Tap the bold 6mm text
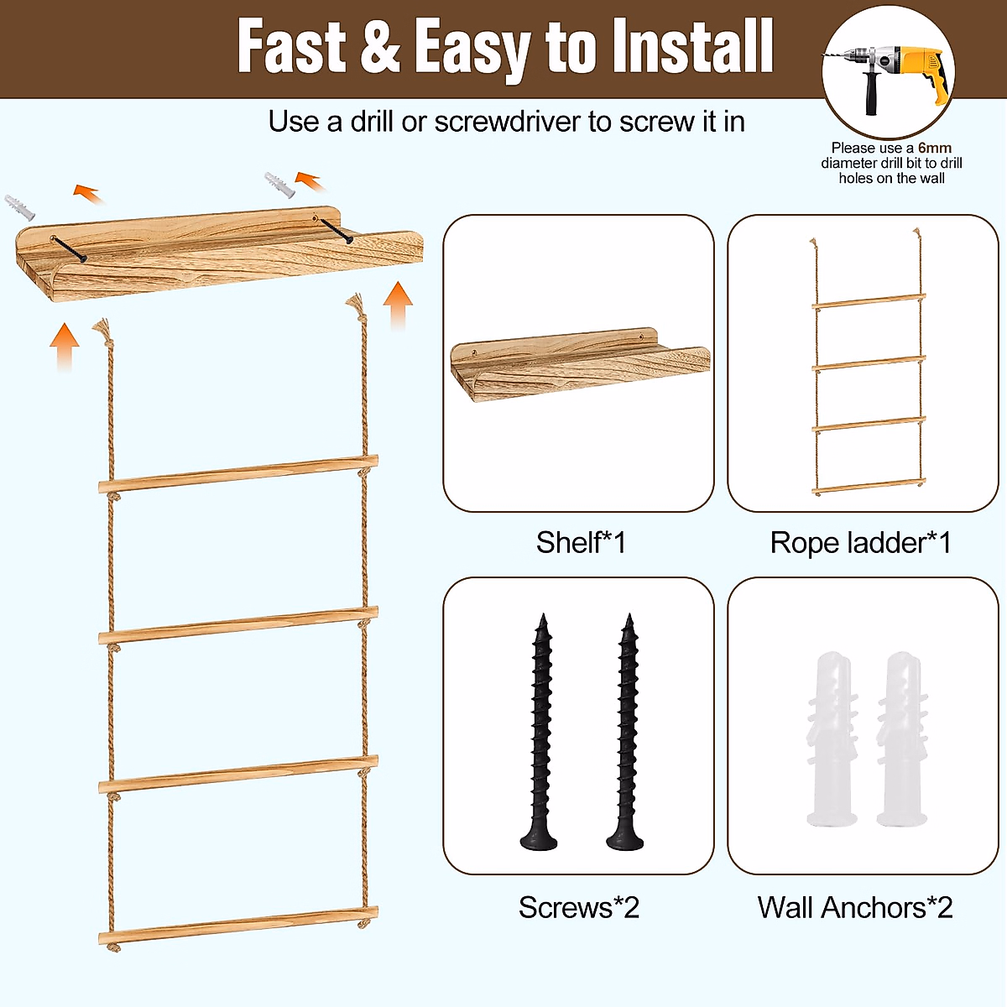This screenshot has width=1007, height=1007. coord(934,149)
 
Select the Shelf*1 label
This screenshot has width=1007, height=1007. coord(581,543)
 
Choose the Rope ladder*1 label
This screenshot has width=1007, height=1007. coord(860,543)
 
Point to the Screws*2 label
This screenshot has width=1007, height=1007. coord(578,907)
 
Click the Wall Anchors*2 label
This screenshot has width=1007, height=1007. coord(854,907)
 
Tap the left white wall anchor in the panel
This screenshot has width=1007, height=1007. coord(832,738)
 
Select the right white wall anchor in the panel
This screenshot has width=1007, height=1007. coord(901,738)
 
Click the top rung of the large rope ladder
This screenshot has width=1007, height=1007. coord(238,474)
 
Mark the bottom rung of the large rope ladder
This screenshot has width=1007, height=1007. coord(238,925)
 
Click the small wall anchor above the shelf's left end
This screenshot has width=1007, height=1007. coord(19,206)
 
